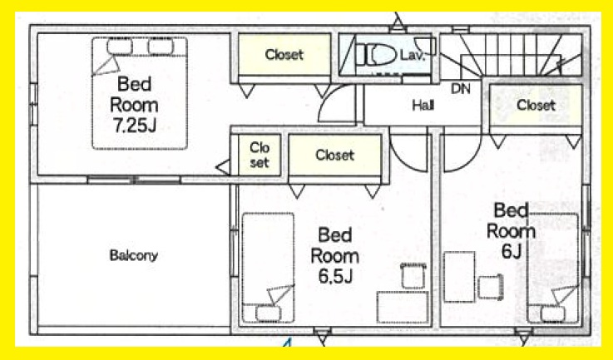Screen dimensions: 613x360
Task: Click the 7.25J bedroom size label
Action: (x=134, y=126)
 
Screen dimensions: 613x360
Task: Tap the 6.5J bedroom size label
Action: (x=335, y=276)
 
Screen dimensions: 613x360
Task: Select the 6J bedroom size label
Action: (x=512, y=252)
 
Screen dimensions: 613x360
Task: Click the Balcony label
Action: (x=134, y=255)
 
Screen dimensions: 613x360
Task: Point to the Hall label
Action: (x=423, y=105)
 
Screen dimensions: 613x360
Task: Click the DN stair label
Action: (x=461, y=89)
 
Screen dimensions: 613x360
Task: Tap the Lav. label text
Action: (x=412, y=56)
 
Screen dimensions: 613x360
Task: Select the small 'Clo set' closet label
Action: (x=260, y=155)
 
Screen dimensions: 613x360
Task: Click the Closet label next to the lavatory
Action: (x=284, y=54)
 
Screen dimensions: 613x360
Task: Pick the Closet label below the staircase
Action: (x=536, y=105)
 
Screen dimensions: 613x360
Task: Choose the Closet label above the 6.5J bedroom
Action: (x=335, y=155)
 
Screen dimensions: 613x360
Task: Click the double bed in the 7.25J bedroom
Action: (x=140, y=93)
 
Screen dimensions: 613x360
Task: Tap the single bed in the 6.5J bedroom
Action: (x=268, y=268)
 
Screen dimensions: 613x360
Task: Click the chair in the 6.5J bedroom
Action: (x=413, y=276)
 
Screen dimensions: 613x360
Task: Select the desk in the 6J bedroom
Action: (x=459, y=277)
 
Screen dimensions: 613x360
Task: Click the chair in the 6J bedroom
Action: (x=490, y=287)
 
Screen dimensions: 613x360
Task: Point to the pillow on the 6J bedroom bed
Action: (x=553, y=314)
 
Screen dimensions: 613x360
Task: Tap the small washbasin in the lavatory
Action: (x=425, y=46)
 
